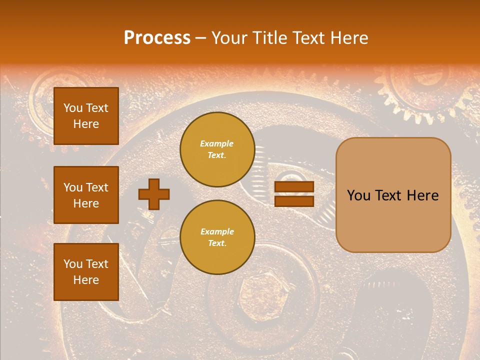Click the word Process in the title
pos(157,38)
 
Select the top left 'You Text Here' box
pos(86,116)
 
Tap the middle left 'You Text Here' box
pos(86,195)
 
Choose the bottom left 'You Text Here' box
pos(86,271)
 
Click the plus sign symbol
pos(154,194)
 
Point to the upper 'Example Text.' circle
pos(217,149)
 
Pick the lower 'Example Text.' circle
pos(217,237)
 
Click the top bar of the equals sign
pos(294,187)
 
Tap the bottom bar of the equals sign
pos(294,201)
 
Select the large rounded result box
pos(393,195)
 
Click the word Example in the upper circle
pos(217,143)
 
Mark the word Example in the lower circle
pos(217,231)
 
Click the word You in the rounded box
pos(358,195)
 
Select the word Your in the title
pos(229,38)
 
